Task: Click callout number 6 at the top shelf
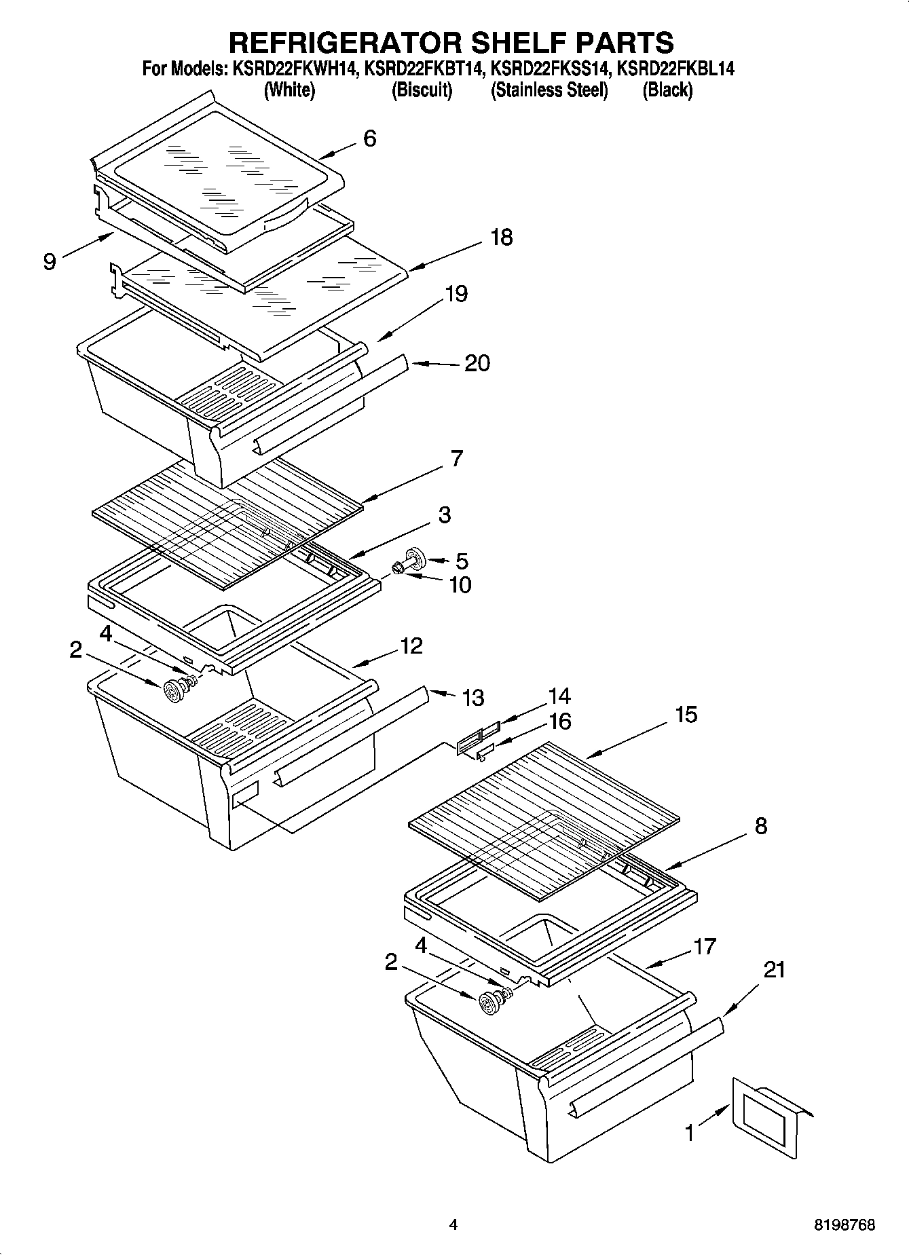pos(369,138)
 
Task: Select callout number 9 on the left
pos(50,261)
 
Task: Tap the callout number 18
pos(501,238)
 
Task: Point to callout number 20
pos(477,363)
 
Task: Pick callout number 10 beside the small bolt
pos(460,584)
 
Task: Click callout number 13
pos(472,697)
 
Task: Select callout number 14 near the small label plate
pos(559,696)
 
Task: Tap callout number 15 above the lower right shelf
pos(686,714)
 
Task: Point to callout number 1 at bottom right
pos(690,1132)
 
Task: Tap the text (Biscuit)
pos(422,90)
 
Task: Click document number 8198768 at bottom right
pos(845,1225)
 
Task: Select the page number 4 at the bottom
pos(453,1225)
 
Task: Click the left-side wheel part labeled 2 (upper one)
pos(175,692)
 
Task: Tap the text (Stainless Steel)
pos(549,90)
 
